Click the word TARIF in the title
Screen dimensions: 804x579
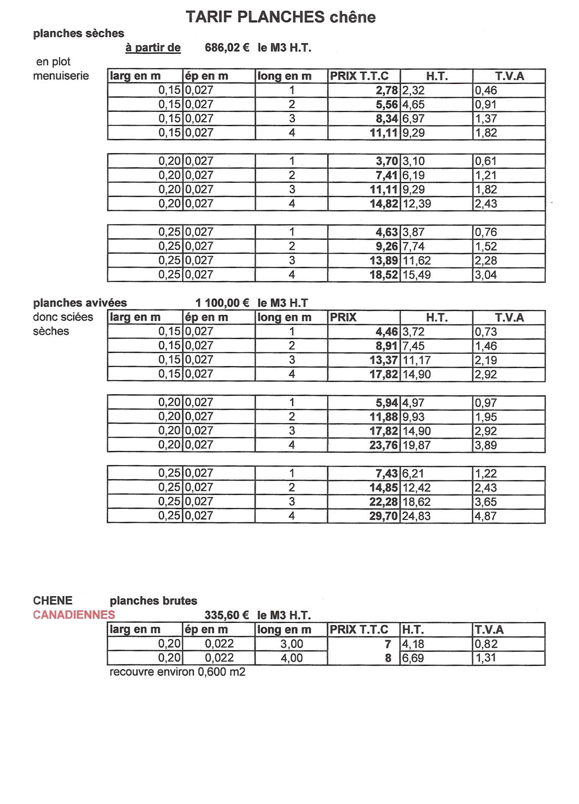(x=209, y=17)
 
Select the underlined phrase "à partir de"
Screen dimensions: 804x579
(x=153, y=48)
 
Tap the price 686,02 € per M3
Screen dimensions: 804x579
(x=227, y=48)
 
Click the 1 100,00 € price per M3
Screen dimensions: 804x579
(x=222, y=303)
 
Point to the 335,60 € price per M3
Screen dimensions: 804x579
(x=227, y=615)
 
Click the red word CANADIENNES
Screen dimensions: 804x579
(x=74, y=615)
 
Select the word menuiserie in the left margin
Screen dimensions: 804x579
(x=61, y=76)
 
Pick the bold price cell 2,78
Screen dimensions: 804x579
(x=387, y=91)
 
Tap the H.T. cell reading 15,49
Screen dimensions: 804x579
(x=416, y=275)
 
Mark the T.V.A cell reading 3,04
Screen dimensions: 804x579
(x=486, y=275)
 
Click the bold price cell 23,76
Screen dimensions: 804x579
(x=384, y=445)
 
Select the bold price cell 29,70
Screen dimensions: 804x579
(x=384, y=516)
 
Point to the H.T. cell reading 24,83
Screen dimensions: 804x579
(x=416, y=516)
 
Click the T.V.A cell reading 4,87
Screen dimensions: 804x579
(x=486, y=516)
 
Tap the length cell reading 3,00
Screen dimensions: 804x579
(x=292, y=644)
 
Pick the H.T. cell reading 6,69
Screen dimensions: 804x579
(x=413, y=658)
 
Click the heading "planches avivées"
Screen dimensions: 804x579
(x=80, y=303)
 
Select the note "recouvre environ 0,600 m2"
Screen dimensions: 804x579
(x=177, y=672)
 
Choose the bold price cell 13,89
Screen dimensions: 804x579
(x=384, y=261)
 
